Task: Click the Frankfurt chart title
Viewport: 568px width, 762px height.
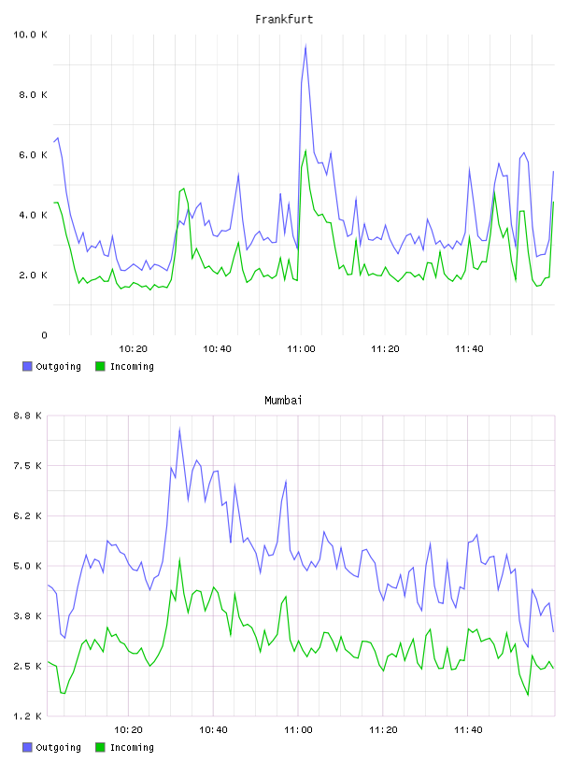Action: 284,20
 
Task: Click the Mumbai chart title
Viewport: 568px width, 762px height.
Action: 283,401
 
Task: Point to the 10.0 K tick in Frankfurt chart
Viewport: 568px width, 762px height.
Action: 30,35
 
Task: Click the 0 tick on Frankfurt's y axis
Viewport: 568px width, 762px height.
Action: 44,335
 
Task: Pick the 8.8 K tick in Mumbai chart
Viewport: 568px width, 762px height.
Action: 28,416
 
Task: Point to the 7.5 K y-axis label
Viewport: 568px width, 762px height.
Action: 28,466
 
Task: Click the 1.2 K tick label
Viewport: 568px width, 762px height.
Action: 28,716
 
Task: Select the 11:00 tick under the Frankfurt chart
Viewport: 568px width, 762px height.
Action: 301,349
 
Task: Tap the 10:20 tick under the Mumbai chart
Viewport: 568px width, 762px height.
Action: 128,730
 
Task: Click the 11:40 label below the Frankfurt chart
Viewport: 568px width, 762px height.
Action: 469,349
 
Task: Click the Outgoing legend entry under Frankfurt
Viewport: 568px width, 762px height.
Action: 51,366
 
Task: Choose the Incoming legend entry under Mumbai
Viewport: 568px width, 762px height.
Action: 125,747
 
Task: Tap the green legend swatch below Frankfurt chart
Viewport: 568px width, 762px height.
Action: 100,366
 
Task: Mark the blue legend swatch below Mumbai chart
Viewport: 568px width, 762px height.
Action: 27,747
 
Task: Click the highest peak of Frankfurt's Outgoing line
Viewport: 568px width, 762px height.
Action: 305,45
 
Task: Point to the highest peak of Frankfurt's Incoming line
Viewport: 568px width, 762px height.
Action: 305,150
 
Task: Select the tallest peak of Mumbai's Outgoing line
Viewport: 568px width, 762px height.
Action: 179,428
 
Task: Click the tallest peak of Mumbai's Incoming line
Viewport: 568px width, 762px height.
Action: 179,558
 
